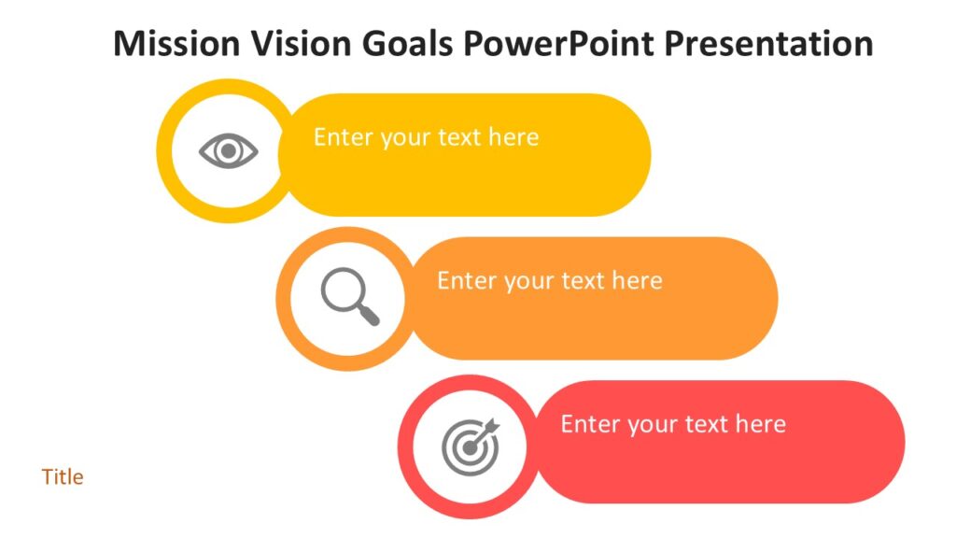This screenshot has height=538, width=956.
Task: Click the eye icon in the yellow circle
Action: (x=228, y=150)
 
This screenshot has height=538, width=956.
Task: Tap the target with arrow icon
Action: (x=471, y=446)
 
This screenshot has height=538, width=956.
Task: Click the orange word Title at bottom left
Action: (x=63, y=477)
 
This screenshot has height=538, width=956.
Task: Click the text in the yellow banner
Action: (x=426, y=137)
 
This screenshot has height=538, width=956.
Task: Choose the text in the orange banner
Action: (x=549, y=281)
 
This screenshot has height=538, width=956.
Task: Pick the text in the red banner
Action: (x=673, y=424)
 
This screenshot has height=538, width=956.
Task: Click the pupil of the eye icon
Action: (x=228, y=150)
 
